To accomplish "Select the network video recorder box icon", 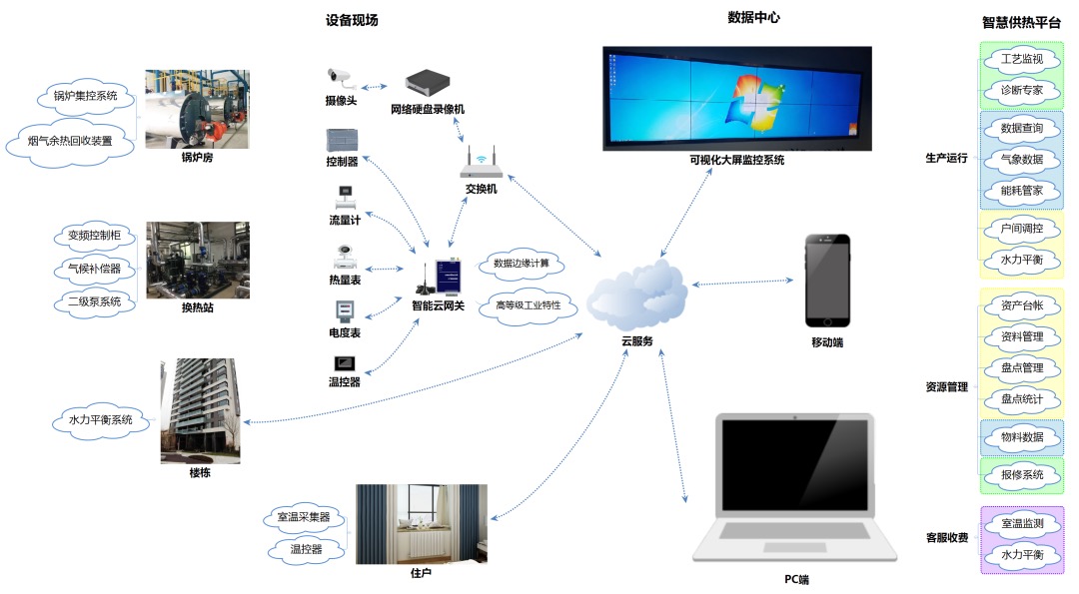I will [x=427, y=83].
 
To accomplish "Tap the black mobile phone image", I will [x=828, y=281].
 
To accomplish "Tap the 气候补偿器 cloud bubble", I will [x=93, y=269].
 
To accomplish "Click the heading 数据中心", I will [x=753, y=18].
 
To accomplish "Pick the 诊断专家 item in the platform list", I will [x=1021, y=90].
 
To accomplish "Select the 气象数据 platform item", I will [x=1021, y=159].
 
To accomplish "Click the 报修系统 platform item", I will [x=1021, y=474].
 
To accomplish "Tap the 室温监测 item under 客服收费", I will [x=1021, y=523].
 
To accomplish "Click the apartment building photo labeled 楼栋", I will [x=200, y=410].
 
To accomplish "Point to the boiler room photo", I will [x=197, y=109].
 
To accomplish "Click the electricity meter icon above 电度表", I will [x=344, y=309].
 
